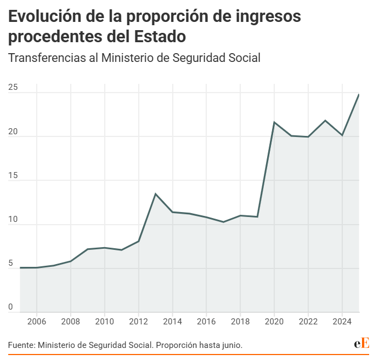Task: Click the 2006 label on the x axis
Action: [36, 321]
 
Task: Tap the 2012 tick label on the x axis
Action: [138, 321]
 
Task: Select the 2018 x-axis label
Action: [240, 321]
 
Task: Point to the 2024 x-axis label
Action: [342, 321]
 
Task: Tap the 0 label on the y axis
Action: [10, 308]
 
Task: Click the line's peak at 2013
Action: [155, 194]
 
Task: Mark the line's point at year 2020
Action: [274, 122]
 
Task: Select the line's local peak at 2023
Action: [325, 121]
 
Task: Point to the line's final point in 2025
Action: [359, 95]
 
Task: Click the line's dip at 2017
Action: [223, 222]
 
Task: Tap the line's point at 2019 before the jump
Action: [257, 216]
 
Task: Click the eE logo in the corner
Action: [361, 344]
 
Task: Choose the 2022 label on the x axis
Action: [308, 321]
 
